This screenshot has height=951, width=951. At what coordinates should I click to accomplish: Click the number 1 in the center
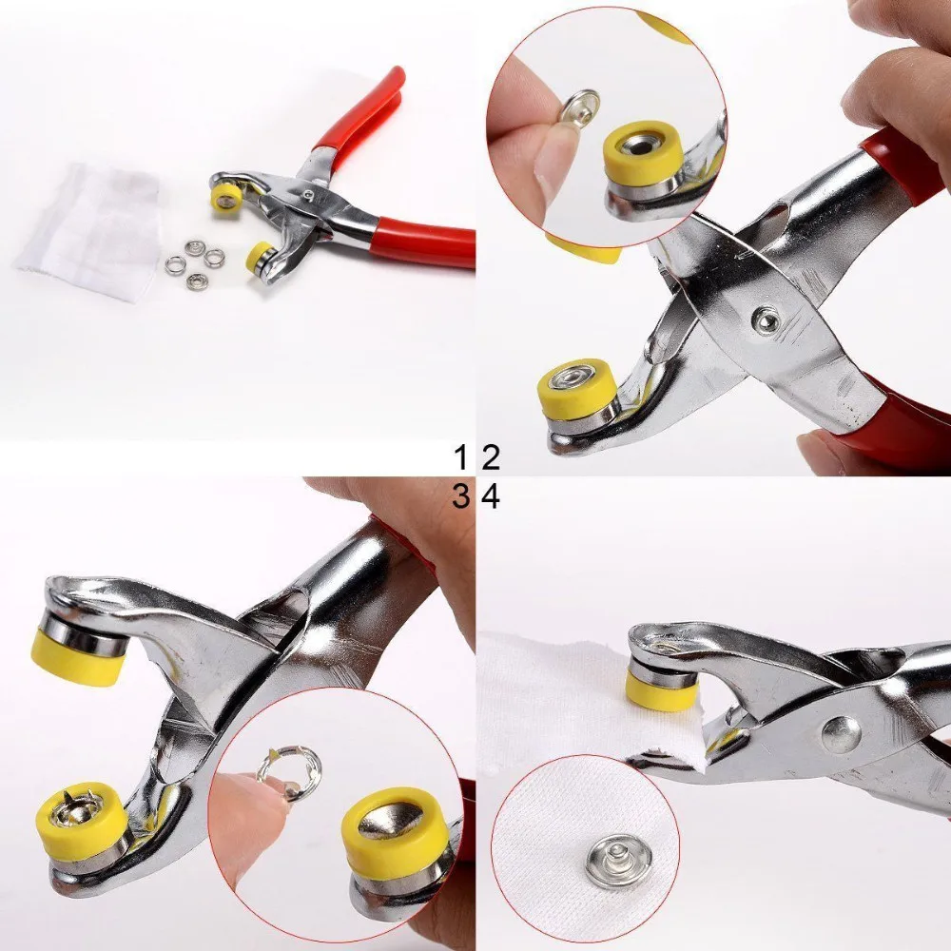(x=461, y=458)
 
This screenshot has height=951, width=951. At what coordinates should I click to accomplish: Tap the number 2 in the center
(x=491, y=458)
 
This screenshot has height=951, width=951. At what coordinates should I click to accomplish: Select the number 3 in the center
(x=461, y=495)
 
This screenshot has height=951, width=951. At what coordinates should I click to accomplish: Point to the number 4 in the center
(x=491, y=495)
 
